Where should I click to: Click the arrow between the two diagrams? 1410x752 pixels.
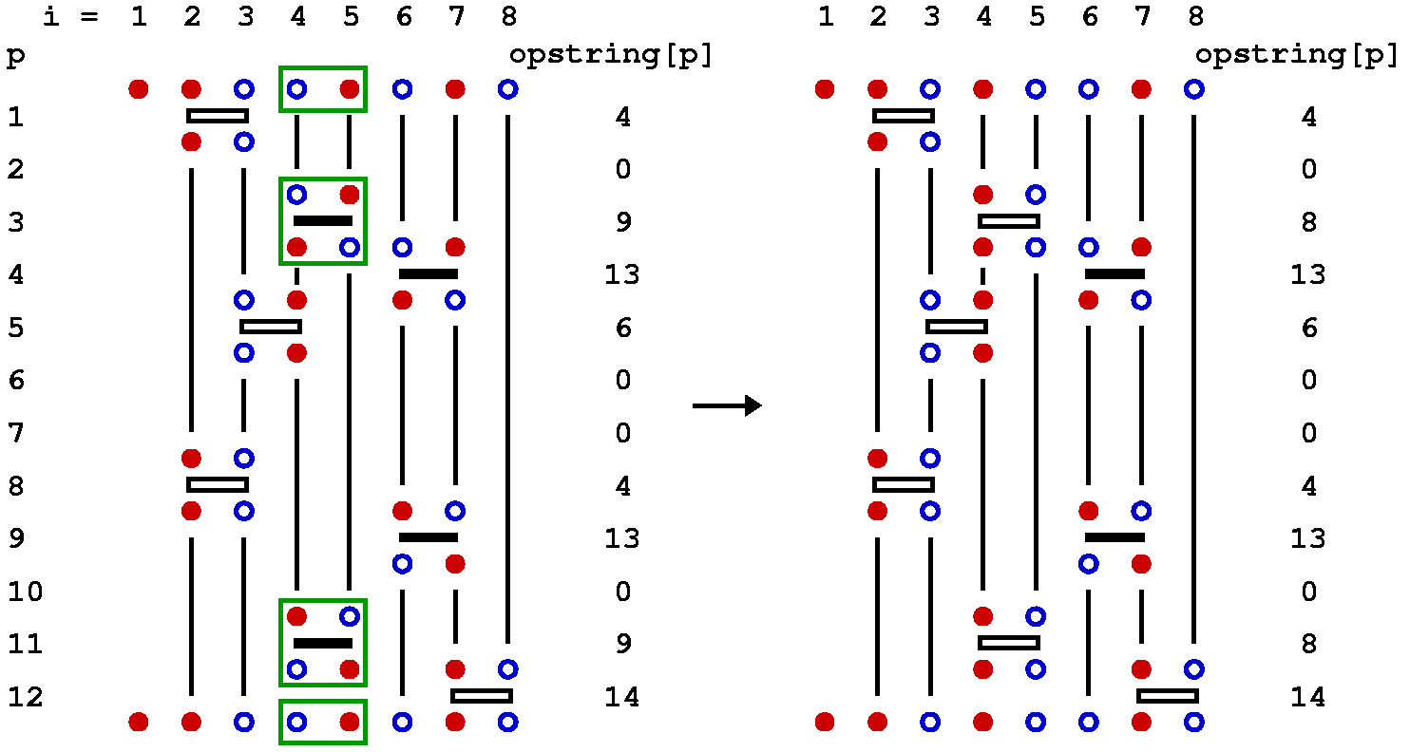point(727,406)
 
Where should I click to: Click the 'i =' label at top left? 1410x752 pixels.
point(70,17)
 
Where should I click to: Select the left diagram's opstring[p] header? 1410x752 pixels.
point(611,55)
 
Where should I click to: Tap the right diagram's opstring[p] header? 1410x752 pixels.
point(1297,55)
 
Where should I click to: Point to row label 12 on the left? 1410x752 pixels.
point(26,697)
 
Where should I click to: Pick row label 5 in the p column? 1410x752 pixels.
point(16,328)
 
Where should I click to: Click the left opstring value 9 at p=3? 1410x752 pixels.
point(622,222)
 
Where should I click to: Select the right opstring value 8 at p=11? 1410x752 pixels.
point(1308,644)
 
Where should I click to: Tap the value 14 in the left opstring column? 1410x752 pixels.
point(622,697)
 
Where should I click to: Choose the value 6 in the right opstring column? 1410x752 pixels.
point(1308,328)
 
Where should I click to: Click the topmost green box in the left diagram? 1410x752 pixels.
point(323,89)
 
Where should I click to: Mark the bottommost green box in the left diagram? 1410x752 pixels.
point(323,722)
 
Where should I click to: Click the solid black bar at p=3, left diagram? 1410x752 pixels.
point(323,221)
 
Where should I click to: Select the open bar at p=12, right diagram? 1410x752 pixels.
point(1168,696)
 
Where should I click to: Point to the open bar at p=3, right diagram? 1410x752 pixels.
point(1009,221)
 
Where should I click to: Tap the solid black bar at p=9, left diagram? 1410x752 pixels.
point(429,537)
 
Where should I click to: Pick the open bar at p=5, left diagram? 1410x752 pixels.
point(271,327)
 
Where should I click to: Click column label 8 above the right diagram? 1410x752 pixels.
point(1194,17)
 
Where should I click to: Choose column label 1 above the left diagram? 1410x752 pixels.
point(139,17)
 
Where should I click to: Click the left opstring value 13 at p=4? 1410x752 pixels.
point(622,275)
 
